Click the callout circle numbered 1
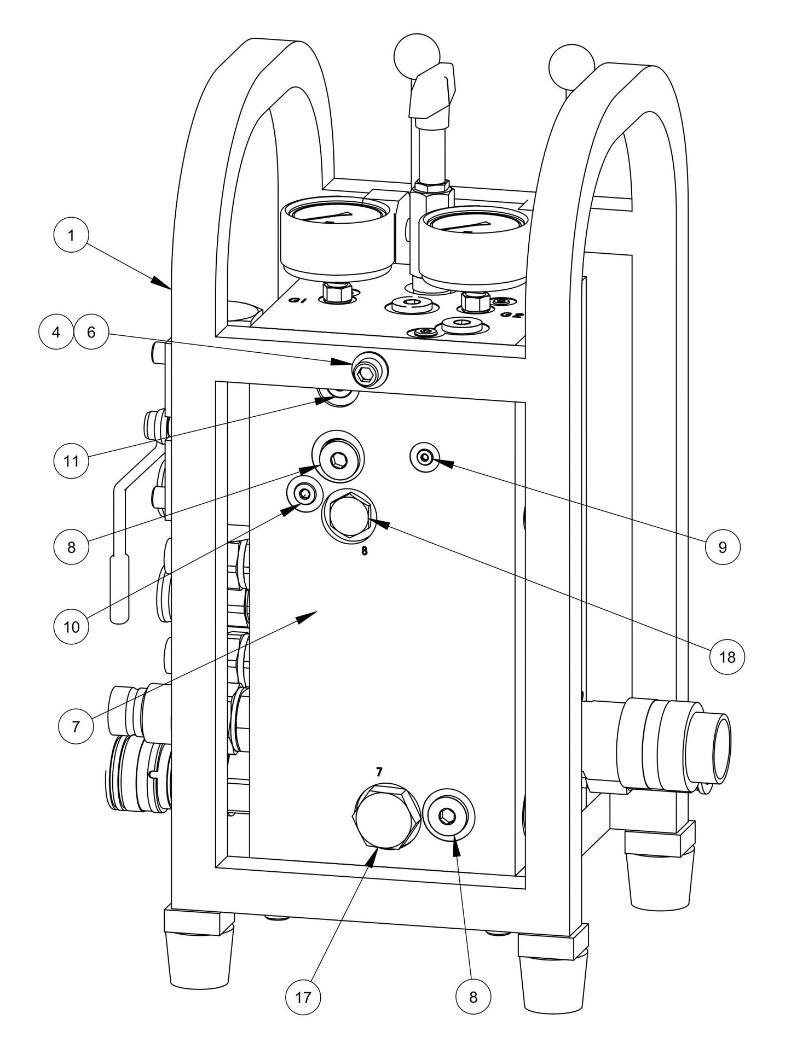71,236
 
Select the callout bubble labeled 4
56,332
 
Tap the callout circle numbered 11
71,461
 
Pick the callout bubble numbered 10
72,627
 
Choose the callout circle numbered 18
727,657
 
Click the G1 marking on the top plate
298,300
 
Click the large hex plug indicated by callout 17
385,817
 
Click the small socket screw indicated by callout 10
303,493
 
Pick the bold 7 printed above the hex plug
379,772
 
